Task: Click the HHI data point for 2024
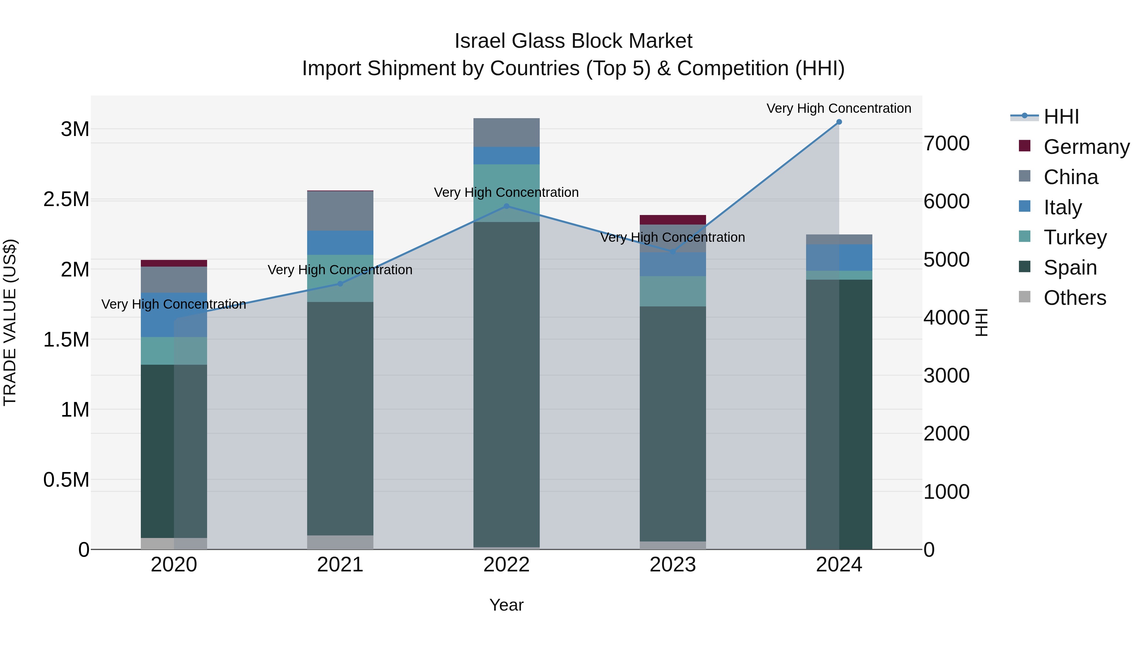point(839,122)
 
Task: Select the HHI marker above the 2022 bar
point(506,206)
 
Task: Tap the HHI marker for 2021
point(340,283)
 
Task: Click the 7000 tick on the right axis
point(947,143)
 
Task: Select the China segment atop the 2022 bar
point(506,133)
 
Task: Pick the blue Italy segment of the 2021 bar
point(340,243)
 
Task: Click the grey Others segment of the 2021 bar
point(340,542)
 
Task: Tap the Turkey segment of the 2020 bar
point(174,351)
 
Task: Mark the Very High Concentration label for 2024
point(839,108)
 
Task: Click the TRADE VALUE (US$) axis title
point(10,322)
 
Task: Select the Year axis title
point(506,605)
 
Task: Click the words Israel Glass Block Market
point(573,41)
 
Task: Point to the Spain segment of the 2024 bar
point(839,414)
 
